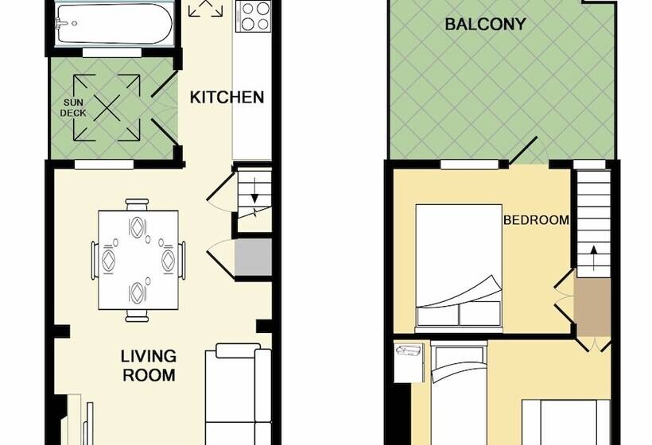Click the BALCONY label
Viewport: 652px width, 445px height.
click(x=485, y=24)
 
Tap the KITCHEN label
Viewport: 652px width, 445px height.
click(x=227, y=98)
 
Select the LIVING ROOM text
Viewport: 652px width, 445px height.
click(x=149, y=365)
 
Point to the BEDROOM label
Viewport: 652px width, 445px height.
click(x=536, y=220)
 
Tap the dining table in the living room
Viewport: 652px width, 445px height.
click(x=138, y=260)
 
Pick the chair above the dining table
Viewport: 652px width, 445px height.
click(x=138, y=205)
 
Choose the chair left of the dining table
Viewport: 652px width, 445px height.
click(x=94, y=260)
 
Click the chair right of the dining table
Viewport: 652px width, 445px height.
click(x=183, y=259)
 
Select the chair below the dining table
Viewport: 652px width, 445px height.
click(x=138, y=315)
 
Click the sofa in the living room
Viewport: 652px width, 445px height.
click(x=236, y=393)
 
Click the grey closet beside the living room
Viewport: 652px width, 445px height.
click(x=254, y=259)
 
